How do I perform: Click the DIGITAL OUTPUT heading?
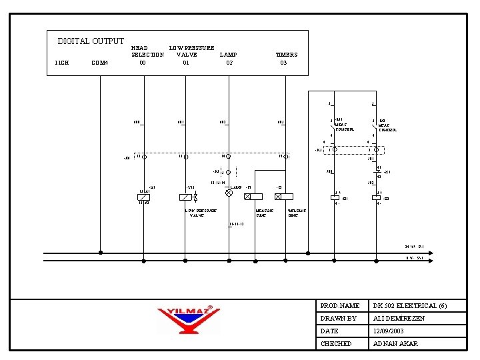[x=91, y=41]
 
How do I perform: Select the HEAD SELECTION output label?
[x=147, y=51]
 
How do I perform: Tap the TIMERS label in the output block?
[x=287, y=55]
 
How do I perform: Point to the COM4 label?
[x=99, y=63]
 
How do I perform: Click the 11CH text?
[x=61, y=63]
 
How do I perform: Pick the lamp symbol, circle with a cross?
[x=229, y=192]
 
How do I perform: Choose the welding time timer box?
[x=286, y=197]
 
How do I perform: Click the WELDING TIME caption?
[x=297, y=213]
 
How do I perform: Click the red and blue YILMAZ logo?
[x=189, y=319]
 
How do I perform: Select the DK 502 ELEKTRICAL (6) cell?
[x=410, y=305]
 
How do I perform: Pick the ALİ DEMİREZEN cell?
[x=399, y=318]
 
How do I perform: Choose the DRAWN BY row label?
[x=339, y=318]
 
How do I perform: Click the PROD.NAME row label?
[x=340, y=305]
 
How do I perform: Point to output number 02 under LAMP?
[x=229, y=63]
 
